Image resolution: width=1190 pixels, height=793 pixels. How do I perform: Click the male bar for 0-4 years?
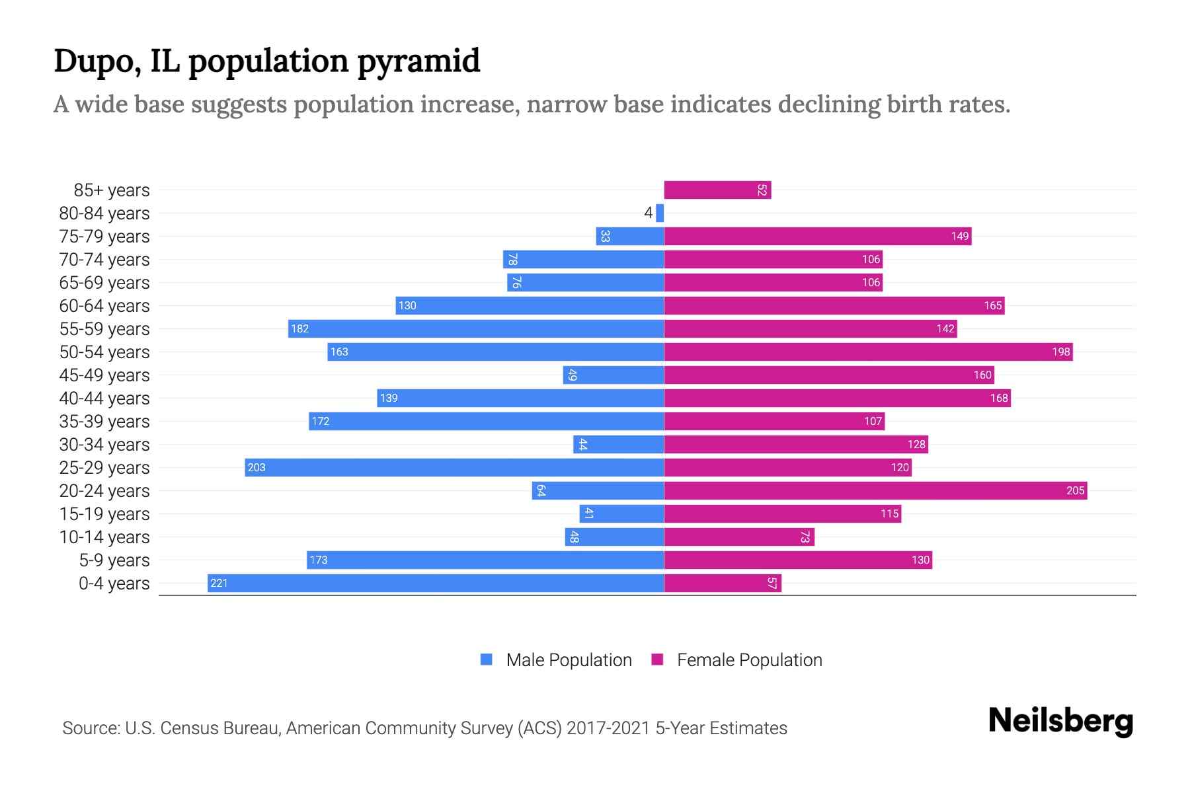click(436, 583)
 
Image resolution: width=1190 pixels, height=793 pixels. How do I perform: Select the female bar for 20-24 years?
click(875, 490)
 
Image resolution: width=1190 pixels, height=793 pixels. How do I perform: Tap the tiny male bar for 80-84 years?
click(660, 213)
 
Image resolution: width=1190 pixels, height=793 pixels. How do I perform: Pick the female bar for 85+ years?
click(717, 190)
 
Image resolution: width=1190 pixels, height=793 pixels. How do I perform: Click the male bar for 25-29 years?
click(454, 467)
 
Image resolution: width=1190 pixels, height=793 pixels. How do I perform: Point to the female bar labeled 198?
click(868, 352)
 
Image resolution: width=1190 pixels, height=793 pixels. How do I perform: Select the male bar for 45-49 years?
click(614, 375)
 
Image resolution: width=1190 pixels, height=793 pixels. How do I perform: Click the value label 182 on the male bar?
click(300, 328)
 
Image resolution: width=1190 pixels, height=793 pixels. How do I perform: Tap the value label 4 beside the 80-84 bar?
click(648, 213)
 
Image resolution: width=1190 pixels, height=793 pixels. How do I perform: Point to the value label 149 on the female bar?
click(959, 236)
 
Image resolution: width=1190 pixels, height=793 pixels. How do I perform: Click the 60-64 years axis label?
click(104, 306)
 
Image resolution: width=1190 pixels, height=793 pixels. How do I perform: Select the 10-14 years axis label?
click(104, 537)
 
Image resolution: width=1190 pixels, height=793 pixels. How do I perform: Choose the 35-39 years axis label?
click(104, 422)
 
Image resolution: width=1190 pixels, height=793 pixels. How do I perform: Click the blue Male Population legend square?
click(487, 660)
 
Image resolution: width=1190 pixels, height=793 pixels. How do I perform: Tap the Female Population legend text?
click(749, 660)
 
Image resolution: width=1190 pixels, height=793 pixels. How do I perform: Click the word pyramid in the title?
click(419, 61)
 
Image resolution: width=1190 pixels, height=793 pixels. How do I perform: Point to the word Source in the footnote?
click(91, 728)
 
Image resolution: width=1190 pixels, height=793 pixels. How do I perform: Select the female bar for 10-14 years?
click(739, 537)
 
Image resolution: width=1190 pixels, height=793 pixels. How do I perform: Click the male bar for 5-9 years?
click(485, 560)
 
